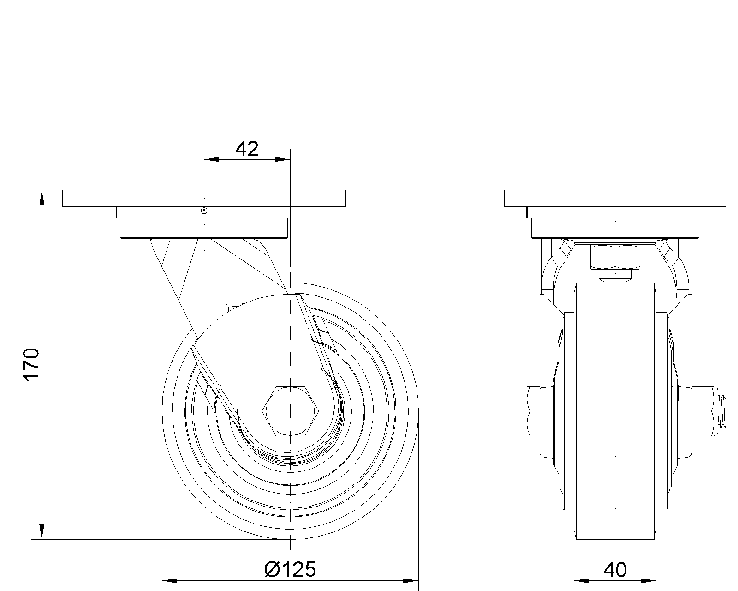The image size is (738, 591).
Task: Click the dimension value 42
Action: (x=247, y=149)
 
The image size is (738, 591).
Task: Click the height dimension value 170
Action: (x=31, y=364)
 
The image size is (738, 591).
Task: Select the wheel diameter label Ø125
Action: (x=290, y=569)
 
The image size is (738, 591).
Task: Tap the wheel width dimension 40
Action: (x=615, y=570)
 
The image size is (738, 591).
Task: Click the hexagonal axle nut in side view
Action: (x=291, y=411)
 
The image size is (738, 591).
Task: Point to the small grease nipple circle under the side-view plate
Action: (x=204, y=210)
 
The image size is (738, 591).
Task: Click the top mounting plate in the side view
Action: (x=204, y=198)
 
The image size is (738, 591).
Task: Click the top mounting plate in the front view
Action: (x=615, y=198)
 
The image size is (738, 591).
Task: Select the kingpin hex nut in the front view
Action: (x=615, y=257)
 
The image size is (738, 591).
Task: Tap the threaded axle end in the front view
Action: (x=721, y=411)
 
